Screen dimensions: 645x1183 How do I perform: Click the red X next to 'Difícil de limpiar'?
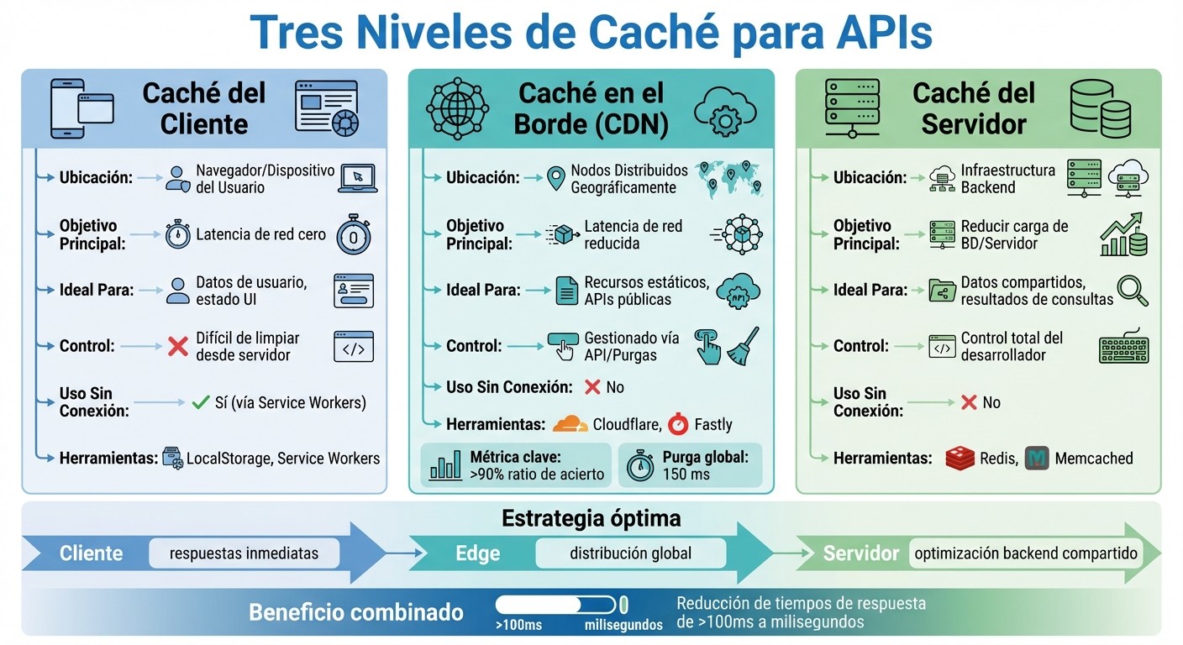coord(177,345)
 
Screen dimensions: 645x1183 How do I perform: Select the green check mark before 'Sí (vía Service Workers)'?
coord(200,402)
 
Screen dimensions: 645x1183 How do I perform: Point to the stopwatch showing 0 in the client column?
coord(353,235)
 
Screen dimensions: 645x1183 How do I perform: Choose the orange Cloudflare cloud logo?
coord(571,423)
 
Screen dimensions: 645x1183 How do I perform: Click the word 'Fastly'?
coord(712,425)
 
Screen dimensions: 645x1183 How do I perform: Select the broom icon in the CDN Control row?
coord(743,344)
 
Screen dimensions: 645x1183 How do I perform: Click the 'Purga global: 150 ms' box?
coord(690,465)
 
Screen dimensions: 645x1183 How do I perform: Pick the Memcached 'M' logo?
coord(1037,458)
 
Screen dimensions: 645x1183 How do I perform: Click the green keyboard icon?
coord(1123,347)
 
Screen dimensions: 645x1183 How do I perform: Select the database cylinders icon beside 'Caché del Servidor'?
coord(1100,109)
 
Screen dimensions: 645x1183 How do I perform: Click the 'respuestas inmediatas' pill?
coord(244,553)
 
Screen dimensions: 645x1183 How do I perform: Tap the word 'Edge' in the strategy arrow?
coord(477,553)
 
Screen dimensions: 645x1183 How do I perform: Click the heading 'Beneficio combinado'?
coord(355,612)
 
